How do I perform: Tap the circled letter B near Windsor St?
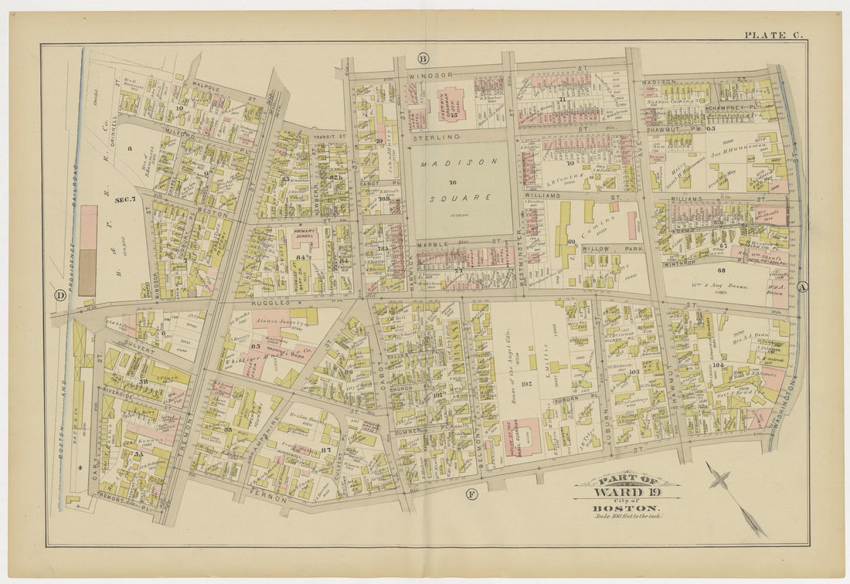(x=423, y=59)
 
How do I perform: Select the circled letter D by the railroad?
(x=59, y=294)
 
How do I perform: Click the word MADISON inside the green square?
(x=461, y=162)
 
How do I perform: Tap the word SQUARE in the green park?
(x=461, y=198)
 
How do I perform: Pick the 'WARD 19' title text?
(x=627, y=493)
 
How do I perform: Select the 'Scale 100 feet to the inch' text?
(x=627, y=517)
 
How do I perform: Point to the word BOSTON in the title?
(x=627, y=508)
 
